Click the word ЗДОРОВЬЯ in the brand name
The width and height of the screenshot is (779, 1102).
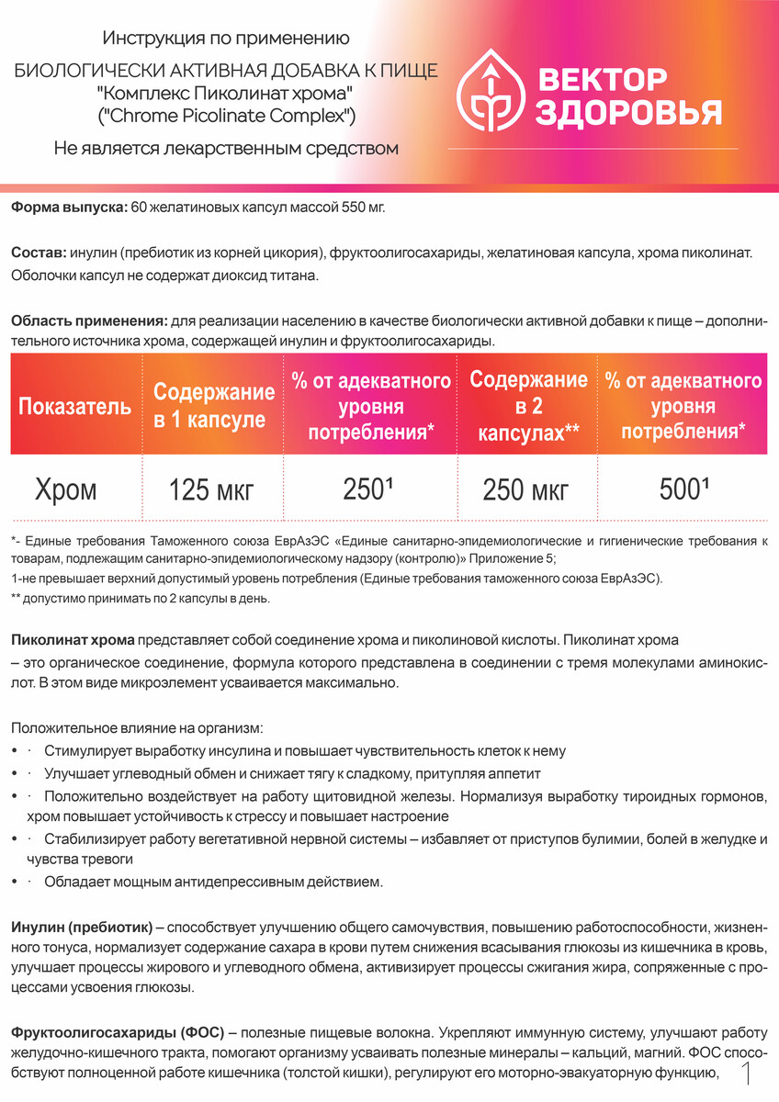pyautogui.click(x=627, y=112)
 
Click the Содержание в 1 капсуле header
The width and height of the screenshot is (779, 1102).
pyautogui.click(x=214, y=406)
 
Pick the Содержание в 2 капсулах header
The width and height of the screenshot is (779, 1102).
pyautogui.click(x=528, y=406)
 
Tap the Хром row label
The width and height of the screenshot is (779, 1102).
pyautogui.click(x=66, y=489)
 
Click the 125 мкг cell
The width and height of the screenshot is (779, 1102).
pyautogui.click(x=210, y=490)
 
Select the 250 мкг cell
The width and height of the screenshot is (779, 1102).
pyautogui.click(x=525, y=490)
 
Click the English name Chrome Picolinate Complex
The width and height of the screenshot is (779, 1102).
pyautogui.click(x=226, y=117)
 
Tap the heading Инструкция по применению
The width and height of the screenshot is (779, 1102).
pyautogui.click(x=226, y=39)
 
